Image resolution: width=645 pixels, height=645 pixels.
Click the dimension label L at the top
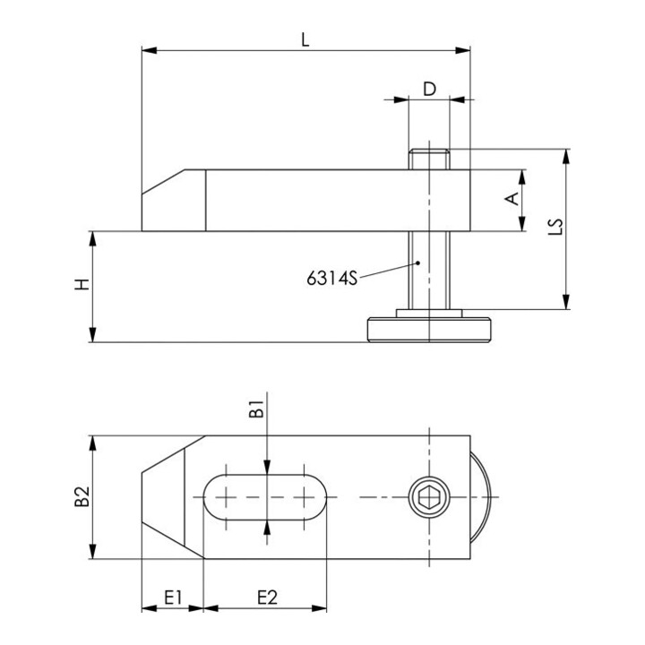click(305, 40)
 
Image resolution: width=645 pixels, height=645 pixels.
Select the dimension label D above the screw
click(429, 89)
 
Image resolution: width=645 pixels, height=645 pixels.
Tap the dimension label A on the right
click(512, 199)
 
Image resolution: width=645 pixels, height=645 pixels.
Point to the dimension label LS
click(555, 227)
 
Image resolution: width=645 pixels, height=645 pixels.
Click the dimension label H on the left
click(82, 284)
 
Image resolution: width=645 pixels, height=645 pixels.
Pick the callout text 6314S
click(332, 279)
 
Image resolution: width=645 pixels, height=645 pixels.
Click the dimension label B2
click(82, 496)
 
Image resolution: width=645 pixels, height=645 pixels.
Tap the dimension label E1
click(173, 598)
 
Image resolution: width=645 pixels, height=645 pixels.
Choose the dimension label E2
click(267, 598)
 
